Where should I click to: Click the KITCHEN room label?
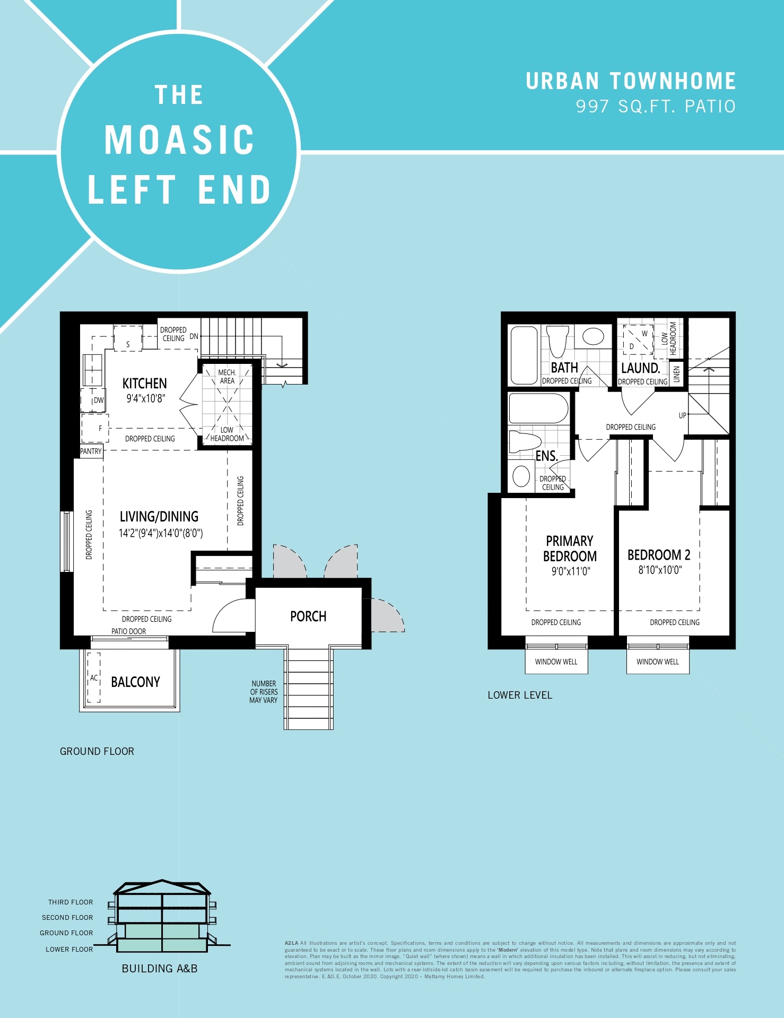click(x=144, y=384)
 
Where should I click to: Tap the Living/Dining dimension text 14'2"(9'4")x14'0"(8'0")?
click(x=161, y=533)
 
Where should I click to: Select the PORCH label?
click(x=308, y=616)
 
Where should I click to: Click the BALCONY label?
click(x=135, y=682)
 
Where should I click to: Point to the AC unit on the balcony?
click(x=94, y=678)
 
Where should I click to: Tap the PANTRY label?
click(x=91, y=451)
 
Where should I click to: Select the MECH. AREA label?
click(x=227, y=377)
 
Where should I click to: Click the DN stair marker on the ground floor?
click(x=194, y=336)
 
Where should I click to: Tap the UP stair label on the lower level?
click(x=682, y=415)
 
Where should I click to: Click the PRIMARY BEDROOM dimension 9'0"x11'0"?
click(x=571, y=571)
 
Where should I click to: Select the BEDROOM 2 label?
click(x=659, y=555)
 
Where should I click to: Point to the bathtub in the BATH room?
click(x=524, y=355)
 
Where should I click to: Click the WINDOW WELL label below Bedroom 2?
click(x=658, y=662)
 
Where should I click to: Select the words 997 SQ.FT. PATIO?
click(x=656, y=107)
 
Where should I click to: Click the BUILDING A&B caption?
click(x=160, y=969)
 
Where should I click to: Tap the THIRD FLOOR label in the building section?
click(x=71, y=902)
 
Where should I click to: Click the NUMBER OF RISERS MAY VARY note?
click(x=264, y=692)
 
